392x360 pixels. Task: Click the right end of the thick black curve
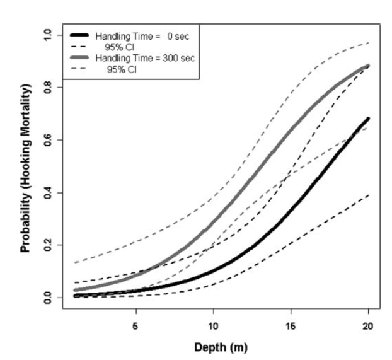pyautogui.click(x=368, y=119)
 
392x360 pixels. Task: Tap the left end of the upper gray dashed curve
pyautogui.click(x=75, y=262)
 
